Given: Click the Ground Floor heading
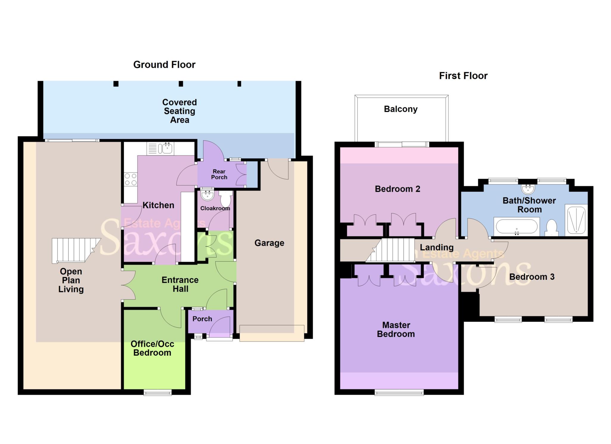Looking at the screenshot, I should tap(164, 65).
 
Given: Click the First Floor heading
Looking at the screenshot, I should tap(463, 76).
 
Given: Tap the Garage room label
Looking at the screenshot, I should tap(269, 243).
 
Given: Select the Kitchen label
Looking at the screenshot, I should tap(158, 205).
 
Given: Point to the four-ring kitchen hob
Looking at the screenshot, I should tap(131, 179).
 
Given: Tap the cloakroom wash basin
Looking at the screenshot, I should tap(207, 195).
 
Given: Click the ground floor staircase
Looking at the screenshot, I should tap(75, 250).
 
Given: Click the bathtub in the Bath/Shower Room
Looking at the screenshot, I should tap(516, 227).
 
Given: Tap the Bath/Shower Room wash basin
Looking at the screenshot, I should tap(528, 188).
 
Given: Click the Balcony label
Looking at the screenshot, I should tap(400, 109).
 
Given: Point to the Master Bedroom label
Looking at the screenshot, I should tap(396, 329).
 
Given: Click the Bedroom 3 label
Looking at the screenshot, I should tap(532, 277).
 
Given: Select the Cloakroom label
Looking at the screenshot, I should tap(215, 208).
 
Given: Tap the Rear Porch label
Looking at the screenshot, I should tap(219, 174).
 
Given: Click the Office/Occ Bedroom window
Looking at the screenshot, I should tap(158, 392).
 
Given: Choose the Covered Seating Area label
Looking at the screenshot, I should tap(180, 111).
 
